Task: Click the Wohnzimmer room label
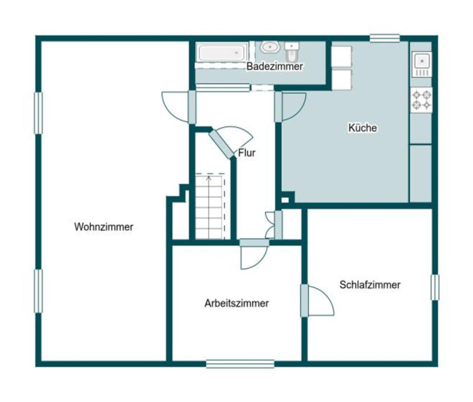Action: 104,227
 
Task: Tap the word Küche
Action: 363,128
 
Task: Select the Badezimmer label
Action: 275,66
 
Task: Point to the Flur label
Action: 247,153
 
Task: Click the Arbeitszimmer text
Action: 237,303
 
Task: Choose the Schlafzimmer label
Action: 370,285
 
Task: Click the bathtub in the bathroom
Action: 222,52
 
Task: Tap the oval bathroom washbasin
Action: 270,47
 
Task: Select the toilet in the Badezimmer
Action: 292,52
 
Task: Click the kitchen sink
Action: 422,64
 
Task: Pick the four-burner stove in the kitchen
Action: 422,100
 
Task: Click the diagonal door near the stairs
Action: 222,144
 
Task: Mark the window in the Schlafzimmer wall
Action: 435,287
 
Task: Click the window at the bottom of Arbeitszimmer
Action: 240,364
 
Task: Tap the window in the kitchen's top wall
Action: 385,38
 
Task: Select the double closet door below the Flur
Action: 274,225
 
